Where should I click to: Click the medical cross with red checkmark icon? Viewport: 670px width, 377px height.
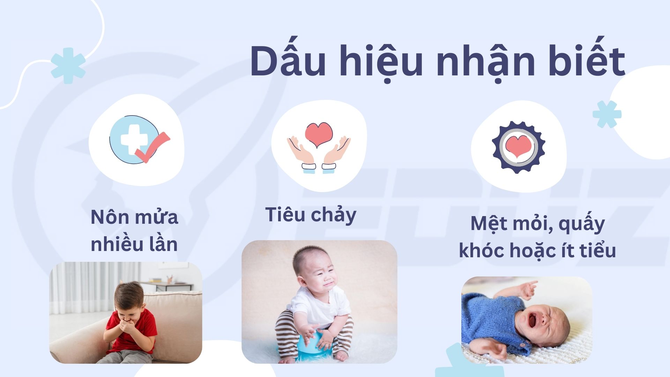pyautogui.click(x=139, y=139)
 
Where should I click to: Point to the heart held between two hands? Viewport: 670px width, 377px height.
pyautogui.click(x=319, y=134)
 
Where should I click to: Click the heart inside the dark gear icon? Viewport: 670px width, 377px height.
pyautogui.click(x=518, y=146)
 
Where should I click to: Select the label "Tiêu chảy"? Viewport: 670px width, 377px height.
pyautogui.click(x=311, y=215)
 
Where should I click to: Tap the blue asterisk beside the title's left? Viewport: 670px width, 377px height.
pyautogui.click(x=68, y=66)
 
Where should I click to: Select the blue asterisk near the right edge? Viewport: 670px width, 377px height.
pyautogui.click(x=607, y=114)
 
